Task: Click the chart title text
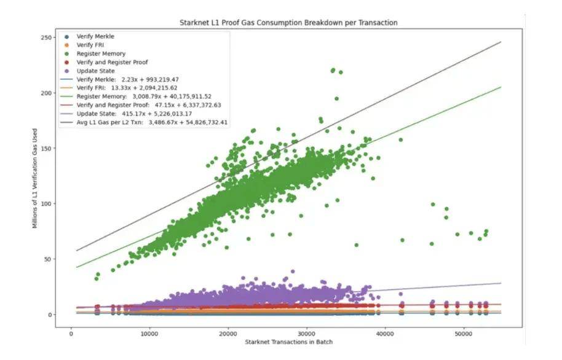click(x=288, y=23)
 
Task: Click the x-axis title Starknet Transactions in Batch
click(x=288, y=341)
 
